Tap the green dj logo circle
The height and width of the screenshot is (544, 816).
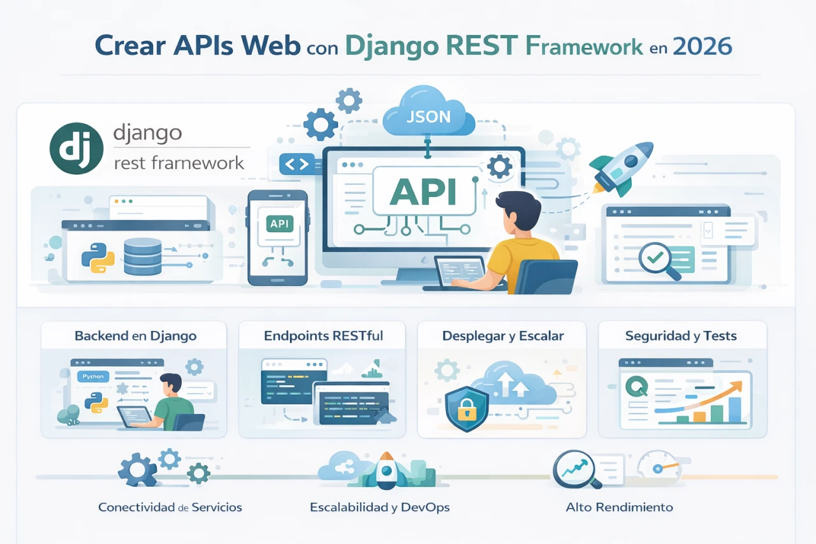[76, 149]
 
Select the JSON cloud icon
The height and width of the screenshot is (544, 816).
[428, 117]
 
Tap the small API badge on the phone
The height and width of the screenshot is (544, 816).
[279, 224]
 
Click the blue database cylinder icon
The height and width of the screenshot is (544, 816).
[143, 256]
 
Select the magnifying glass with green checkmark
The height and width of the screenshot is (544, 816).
[655, 260]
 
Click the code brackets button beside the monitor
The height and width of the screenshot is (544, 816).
[296, 164]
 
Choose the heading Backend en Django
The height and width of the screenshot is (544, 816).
[135, 335]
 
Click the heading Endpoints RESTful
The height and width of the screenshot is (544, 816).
[323, 335]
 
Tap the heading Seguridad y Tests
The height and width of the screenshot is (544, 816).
[681, 335]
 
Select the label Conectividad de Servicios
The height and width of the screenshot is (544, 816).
[170, 508]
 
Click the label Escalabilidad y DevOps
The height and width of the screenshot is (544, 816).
[379, 508]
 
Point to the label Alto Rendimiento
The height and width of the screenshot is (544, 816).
[619, 508]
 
